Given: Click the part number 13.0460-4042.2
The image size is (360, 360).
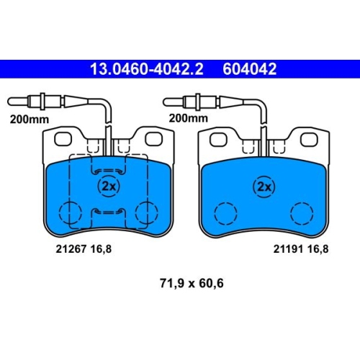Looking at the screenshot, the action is point(147,69).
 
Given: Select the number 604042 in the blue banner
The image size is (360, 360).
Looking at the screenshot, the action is point(250,69).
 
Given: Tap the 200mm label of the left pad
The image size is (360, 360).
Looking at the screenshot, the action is point(30,120).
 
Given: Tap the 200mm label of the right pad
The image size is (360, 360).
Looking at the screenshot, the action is point(189,118).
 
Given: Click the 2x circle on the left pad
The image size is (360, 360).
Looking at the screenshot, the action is point(109,186).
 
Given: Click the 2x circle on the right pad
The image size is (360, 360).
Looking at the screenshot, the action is point(264,186).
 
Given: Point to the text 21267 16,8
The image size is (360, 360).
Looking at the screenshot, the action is point(84,249).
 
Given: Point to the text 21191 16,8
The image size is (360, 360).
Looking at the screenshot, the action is point(301,249).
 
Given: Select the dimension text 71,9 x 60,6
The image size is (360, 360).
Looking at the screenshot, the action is point(192,283).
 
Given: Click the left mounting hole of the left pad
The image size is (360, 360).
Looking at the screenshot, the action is point(63,139).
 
